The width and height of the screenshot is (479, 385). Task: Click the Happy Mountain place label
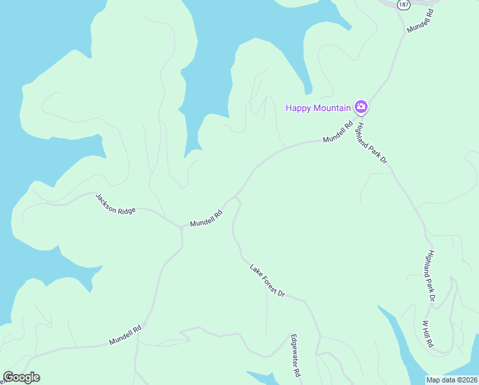318,108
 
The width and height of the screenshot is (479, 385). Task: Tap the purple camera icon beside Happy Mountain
361,107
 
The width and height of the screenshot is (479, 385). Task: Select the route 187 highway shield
403,4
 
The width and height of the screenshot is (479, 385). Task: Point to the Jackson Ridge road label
116,203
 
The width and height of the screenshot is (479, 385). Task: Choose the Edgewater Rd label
296,355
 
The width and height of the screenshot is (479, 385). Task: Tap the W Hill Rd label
428,334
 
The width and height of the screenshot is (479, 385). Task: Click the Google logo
21,377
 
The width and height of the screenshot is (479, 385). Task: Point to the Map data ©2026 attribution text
452,379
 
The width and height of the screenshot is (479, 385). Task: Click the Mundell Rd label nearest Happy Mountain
338,133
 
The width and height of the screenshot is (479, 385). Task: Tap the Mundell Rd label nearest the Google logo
125,335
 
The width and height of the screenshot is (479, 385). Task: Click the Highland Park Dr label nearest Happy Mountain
373,143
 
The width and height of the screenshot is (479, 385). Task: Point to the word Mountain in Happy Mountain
332,108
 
